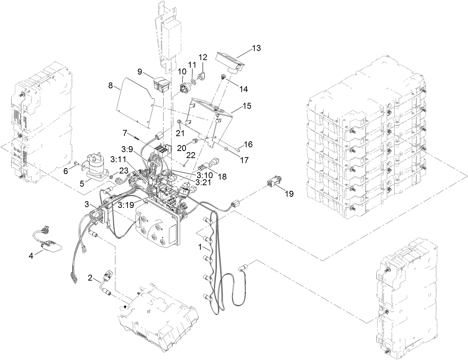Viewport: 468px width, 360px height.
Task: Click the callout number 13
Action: [256, 48]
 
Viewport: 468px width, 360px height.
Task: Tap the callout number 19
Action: [289, 194]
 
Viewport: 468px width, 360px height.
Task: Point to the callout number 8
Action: [110, 85]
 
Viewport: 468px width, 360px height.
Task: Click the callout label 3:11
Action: [118, 160]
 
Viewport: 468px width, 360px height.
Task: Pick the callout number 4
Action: [32, 256]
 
